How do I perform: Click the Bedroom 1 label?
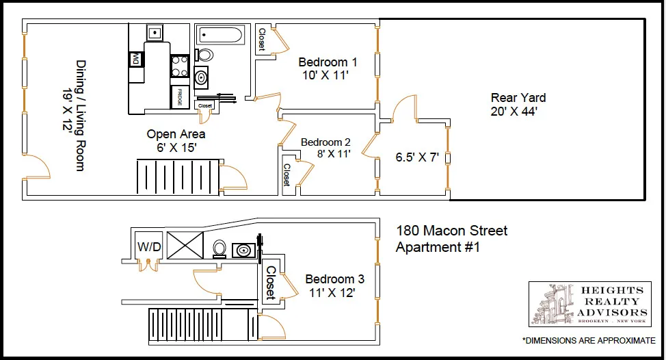[328, 62]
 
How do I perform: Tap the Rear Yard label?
[518, 98]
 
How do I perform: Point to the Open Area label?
[176, 134]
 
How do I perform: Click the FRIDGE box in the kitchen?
[180, 94]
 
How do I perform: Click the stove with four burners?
[179, 66]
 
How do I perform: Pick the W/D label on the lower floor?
[149, 246]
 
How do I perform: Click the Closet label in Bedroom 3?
[271, 283]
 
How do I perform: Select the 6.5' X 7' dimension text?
[416, 157]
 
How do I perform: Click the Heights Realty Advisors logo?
[589, 303]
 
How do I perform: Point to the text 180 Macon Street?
[452, 231]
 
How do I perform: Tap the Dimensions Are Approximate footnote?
[589, 340]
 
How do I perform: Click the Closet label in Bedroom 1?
[261, 40]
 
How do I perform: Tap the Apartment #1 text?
[438, 247]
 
